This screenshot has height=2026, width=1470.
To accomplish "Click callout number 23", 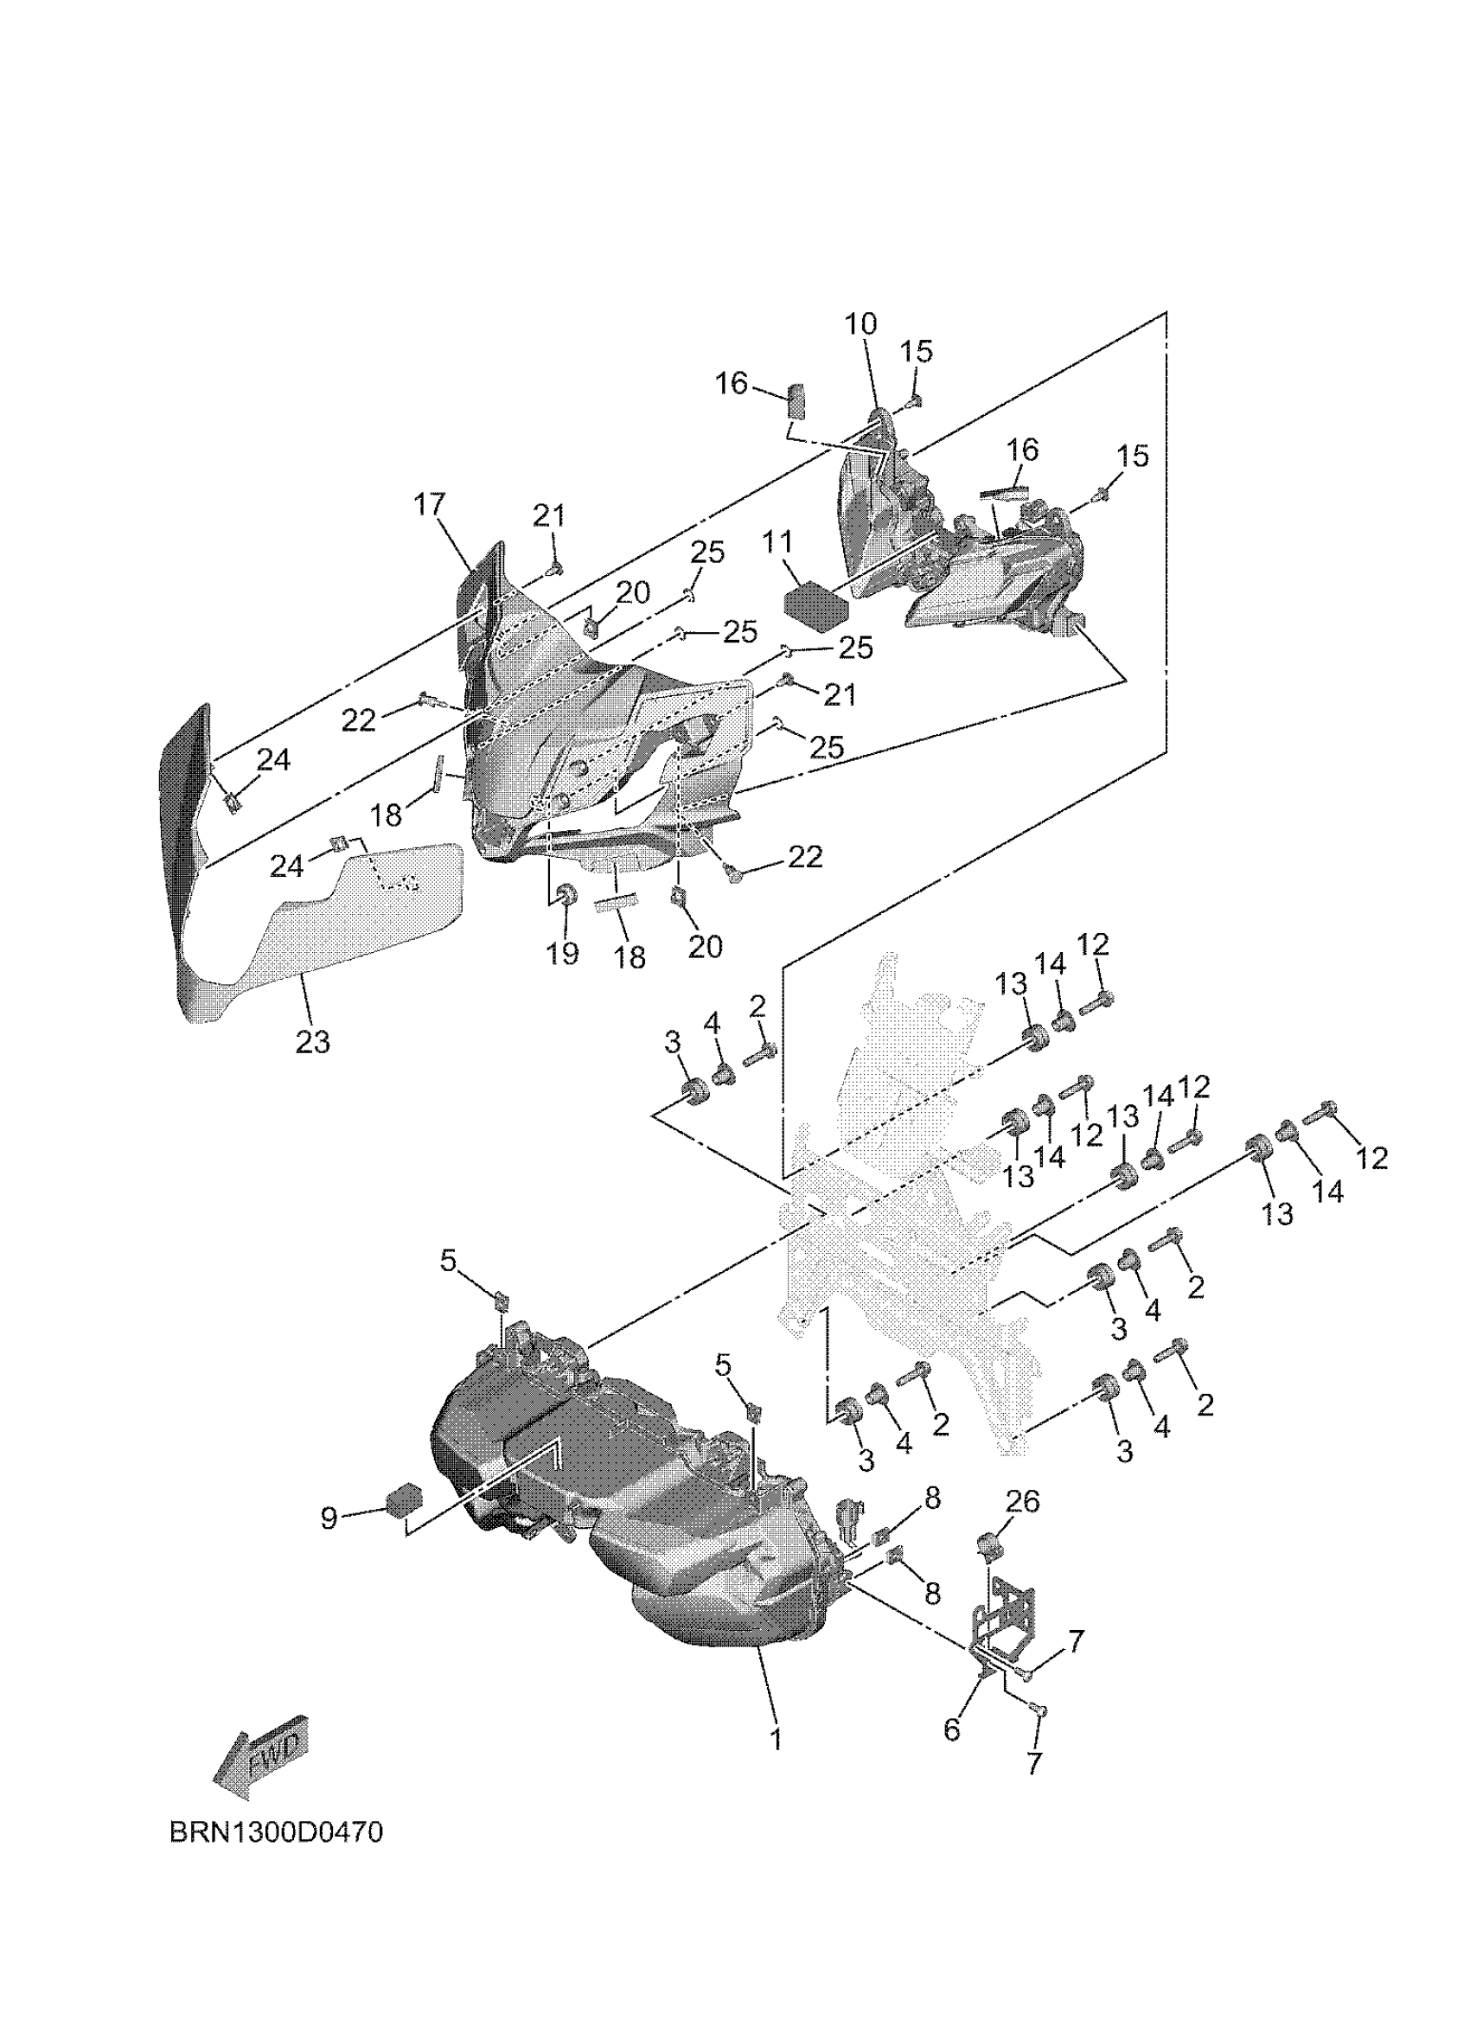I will coord(312,1042).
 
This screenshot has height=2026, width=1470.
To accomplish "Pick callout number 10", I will coord(861,324).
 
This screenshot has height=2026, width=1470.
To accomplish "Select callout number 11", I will coord(777,542).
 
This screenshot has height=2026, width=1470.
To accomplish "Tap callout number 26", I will coord(1023,1501).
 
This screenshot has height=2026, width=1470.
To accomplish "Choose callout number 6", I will coord(952,1729).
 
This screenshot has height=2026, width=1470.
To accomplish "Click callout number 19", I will coord(562,953).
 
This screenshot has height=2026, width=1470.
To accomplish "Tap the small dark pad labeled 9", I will coord(404,1500).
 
